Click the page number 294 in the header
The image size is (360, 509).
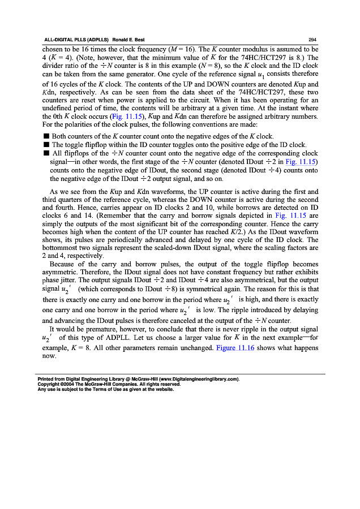click(312, 40)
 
